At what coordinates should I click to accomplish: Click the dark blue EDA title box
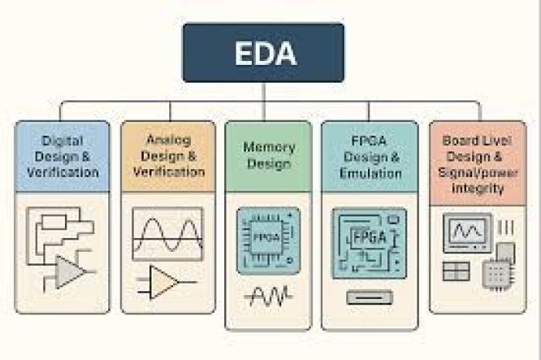click(x=263, y=52)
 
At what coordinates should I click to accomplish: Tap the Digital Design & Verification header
click(x=63, y=156)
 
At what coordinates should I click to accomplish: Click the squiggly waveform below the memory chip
click(x=268, y=295)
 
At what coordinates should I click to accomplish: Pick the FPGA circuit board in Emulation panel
click(x=369, y=242)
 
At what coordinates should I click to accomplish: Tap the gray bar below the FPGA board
click(x=369, y=297)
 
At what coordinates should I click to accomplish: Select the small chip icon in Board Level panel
click(x=497, y=272)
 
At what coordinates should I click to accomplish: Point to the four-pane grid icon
click(x=456, y=270)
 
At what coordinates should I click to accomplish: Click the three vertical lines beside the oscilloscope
click(x=506, y=227)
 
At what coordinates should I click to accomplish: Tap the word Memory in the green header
click(x=268, y=147)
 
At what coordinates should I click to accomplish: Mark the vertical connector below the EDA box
click(x=263, y=91)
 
